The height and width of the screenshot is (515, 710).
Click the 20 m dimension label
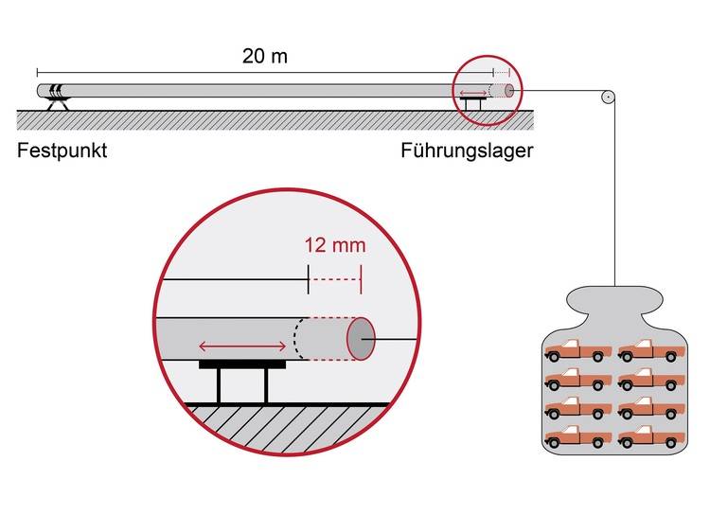click(x=264, y=56)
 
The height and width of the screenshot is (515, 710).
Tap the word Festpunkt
click(x=62, y=151)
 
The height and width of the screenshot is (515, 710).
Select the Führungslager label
click(x=467, y=151)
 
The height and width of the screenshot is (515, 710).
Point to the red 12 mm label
click(x=335, y=245)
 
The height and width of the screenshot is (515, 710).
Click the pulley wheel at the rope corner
click(x=608, y=97)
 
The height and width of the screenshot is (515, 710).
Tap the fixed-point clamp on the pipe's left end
click(x=58, y=91)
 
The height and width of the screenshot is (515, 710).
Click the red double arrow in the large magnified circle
click(x=242, y=346)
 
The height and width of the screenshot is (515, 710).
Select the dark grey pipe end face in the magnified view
click(x=361, y=339)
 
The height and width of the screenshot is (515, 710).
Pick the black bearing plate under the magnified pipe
click(x=242, y=364)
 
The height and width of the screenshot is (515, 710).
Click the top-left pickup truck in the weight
click(x=578, y=350)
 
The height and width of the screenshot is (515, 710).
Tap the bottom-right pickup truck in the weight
click(x=651, y=436)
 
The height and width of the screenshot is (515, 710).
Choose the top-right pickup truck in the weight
click(x=651, y=350)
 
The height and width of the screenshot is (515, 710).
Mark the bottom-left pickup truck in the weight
click(x=578, y=436)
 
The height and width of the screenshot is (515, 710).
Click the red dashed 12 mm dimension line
click(x=334, y=279)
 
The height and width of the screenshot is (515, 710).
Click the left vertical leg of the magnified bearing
click(x=220, y=385)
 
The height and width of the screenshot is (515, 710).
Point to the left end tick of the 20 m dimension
click(x=38, y=72)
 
